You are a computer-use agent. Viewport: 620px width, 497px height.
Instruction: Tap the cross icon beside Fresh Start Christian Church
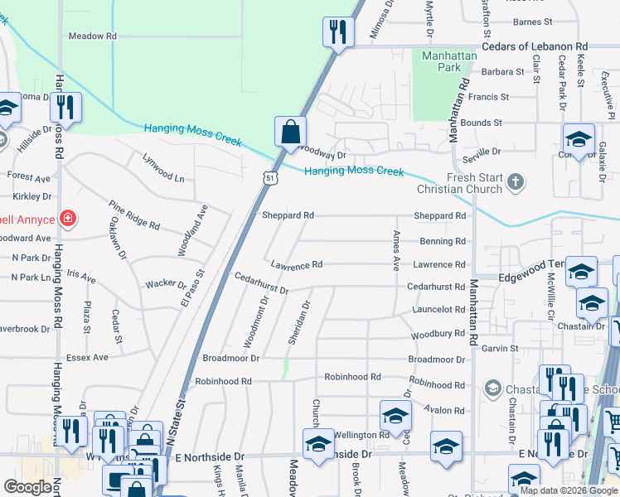[x=515, y=180]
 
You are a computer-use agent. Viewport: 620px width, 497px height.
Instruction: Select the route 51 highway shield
[x=269, y=176]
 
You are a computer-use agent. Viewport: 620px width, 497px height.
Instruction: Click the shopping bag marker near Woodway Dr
[x=291, y=132]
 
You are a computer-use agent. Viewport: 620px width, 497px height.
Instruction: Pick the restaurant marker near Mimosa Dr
[x=337, y=32]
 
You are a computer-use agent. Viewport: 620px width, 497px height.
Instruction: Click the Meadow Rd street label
[x=92, y=36]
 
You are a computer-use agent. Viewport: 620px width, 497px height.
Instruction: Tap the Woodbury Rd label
[x=438, y=334]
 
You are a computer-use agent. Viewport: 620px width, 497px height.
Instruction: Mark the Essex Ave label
[x=89, y=357]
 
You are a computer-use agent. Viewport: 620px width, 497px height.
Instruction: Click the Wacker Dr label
[x=166, y=284]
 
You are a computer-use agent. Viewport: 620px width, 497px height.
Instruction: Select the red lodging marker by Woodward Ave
[x=68, y=220]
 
